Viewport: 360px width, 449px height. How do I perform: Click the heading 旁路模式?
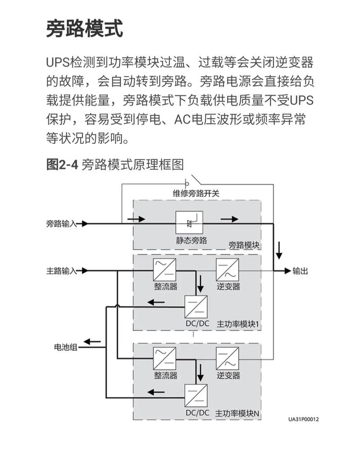click(85, 29)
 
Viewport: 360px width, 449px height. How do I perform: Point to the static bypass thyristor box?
click(189, 223)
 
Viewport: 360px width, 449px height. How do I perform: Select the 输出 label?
click(300, 271)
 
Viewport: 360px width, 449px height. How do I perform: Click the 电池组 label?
click(66, 347)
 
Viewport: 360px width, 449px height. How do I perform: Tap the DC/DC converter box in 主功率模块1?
click(197, 307)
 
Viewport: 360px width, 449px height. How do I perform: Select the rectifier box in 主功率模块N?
click(164, 359)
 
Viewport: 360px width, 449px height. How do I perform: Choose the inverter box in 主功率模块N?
click(227, 359)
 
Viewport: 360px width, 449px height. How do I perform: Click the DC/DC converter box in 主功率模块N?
click(197, 395)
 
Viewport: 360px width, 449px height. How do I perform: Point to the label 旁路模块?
click(244, 245)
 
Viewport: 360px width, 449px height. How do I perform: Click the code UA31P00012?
click(304, 419)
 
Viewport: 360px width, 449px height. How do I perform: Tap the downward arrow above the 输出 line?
click(279, 251)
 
